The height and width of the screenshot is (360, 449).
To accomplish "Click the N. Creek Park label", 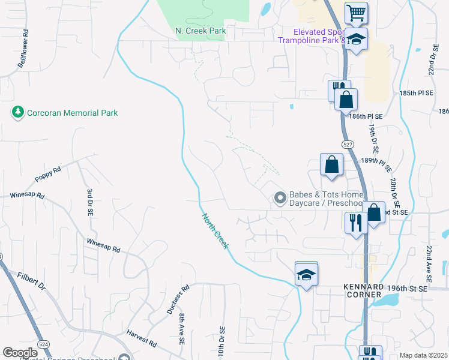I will pyautogui.click(x=200, y=31).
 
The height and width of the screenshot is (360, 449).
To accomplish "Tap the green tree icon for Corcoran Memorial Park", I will pyautogui.click(x=17, y=112).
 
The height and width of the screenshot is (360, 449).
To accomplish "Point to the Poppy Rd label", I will pyautogui.click(x=48, y=175).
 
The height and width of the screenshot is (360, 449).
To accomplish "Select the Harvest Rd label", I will pyautogui.click(x=142, y=339).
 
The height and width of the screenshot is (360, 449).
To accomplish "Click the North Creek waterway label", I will pyautogui.click(x=214, y=232).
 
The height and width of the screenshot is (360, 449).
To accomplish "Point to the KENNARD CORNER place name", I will pyautogui.click(x=363, y=290).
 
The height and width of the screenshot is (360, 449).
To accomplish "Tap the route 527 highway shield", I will pyautogui.click(x=348, y=145).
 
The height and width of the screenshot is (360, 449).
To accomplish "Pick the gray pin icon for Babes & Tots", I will pyautogui.click(x=280, y=197).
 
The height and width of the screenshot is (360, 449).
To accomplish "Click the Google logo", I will pyautogui.click(x=20, y=353).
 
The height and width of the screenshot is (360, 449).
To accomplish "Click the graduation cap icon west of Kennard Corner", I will pyautogui.click(x=306, y=275).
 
